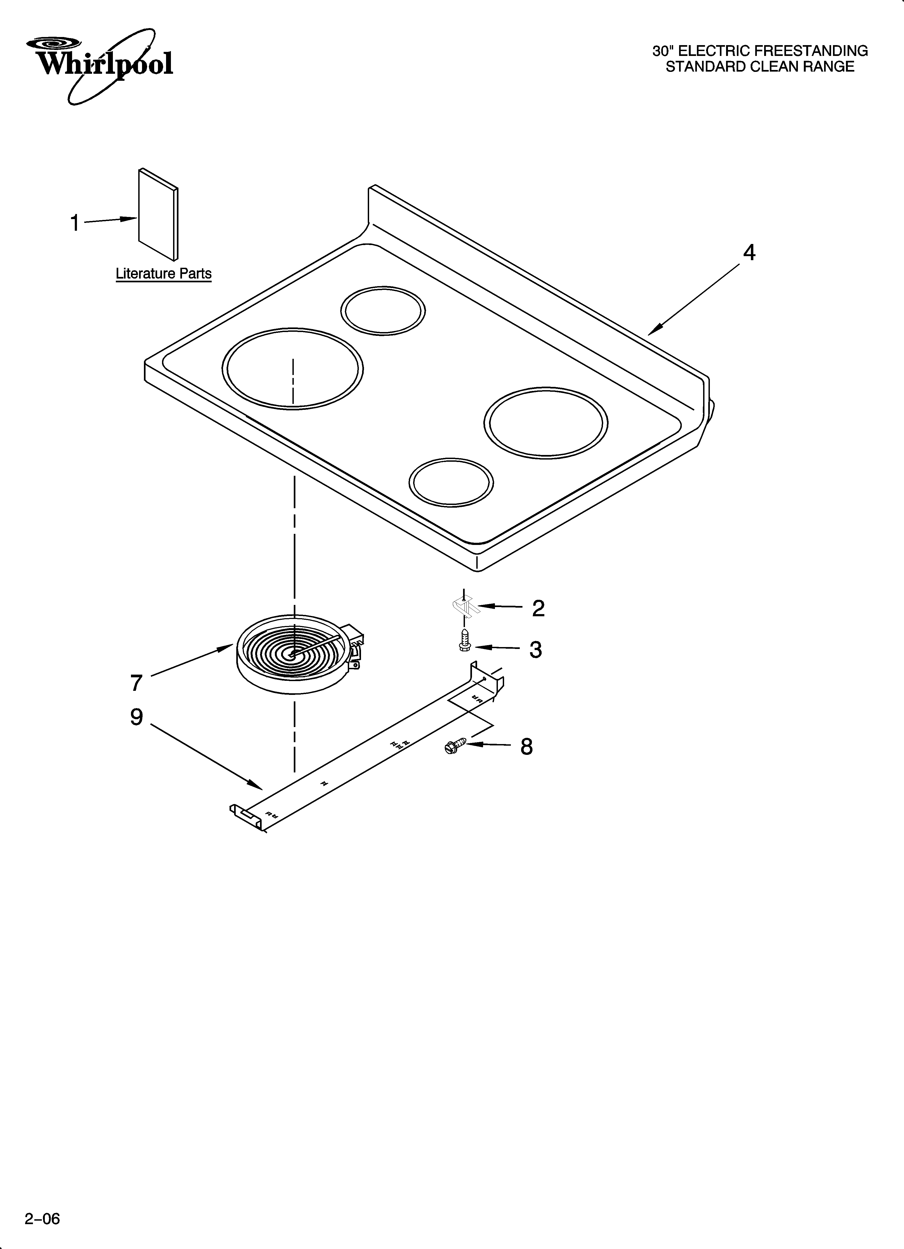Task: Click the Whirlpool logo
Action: (102, 63)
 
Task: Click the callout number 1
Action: (75, 224)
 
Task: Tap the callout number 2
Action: (538, 608)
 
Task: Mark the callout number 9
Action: (137, 717)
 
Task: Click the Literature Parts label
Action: (164, 274)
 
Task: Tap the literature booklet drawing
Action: (158, 215)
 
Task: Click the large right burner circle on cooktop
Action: (546, 422)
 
